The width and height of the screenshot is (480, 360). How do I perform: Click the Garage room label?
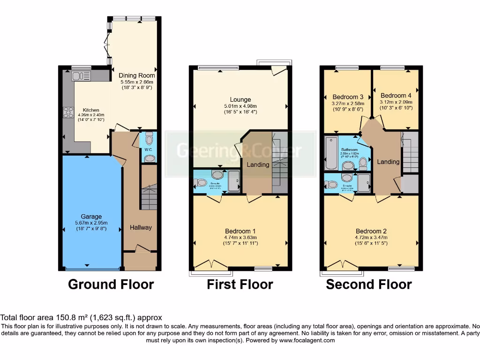(91, 217)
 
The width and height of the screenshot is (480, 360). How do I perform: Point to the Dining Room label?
(136, 75)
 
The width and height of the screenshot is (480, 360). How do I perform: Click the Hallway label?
(141, 228)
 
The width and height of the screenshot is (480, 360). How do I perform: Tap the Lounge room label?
(240, 99)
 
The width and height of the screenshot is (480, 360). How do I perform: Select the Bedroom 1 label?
(240, 231)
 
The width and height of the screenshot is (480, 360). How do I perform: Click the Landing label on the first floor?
(258, 165)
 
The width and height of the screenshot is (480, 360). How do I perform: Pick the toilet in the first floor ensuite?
(201, 183)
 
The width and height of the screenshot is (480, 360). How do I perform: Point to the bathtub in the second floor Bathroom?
(330, 154)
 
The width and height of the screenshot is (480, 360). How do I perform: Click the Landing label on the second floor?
(389, 162)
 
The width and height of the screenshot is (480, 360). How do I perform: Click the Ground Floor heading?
(111, 285)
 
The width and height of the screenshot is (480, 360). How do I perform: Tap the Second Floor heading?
(369, 285)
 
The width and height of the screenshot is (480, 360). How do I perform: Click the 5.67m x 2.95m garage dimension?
(91, 223)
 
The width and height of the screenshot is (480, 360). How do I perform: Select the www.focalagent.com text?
(307, 341)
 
